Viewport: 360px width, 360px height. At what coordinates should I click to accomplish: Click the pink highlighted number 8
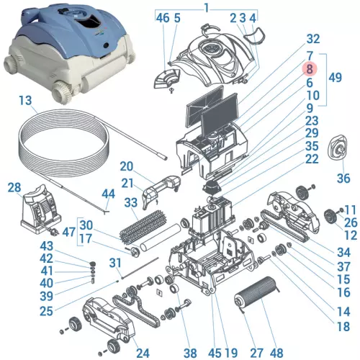coord(309,69)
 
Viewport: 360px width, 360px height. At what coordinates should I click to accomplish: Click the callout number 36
coord(342,178)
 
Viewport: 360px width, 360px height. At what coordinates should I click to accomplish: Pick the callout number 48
coord(276,353)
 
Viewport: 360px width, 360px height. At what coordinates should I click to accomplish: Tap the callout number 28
coord(14,188)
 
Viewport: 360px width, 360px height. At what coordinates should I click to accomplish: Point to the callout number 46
coord(162,17)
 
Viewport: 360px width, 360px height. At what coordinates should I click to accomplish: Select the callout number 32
coord(312,38)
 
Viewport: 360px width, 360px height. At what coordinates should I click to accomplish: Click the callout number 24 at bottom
coord(142,353)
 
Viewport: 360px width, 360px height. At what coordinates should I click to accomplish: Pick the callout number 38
coord(189,353)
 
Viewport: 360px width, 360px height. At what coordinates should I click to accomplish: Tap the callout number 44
coord(108,193)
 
